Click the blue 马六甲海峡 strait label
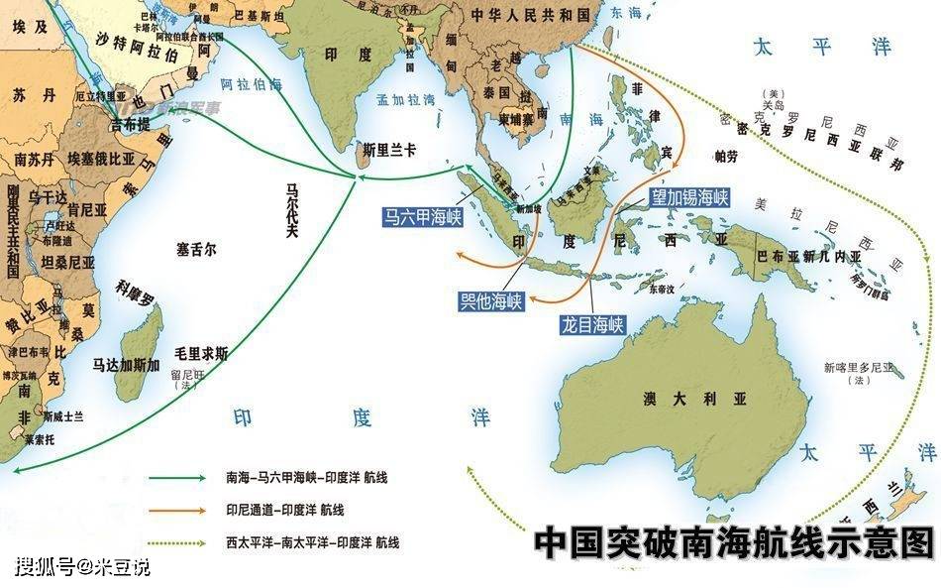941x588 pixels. [424, 217]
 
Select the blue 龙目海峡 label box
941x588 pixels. [593, 324]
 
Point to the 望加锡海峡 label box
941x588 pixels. [689, 197]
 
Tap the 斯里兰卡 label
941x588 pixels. [389, 150]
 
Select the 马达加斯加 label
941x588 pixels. [127, 365]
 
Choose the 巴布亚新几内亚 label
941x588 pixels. [809, 256]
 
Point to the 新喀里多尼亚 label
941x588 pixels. [858, 367]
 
